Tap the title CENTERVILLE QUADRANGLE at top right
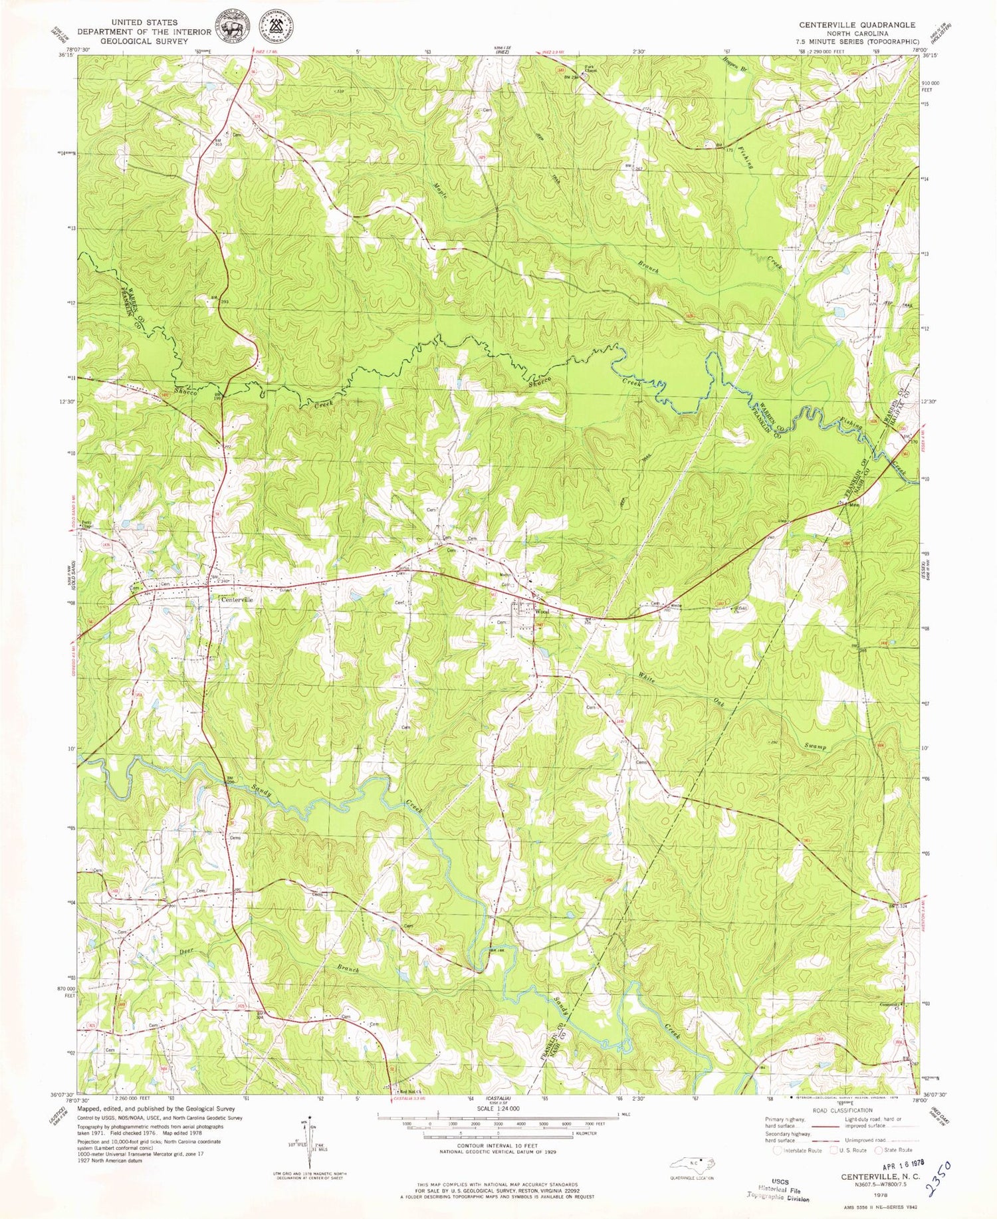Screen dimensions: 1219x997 coord(857,25)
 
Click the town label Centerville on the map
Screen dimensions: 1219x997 coord(236,599)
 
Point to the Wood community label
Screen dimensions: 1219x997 coord(542,611)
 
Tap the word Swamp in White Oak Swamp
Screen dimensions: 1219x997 coord(814,746)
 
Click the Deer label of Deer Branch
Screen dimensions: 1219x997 coord(187,952)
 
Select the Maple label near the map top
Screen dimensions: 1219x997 coord(439,193)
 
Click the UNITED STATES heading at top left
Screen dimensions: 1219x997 coord(144,22)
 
